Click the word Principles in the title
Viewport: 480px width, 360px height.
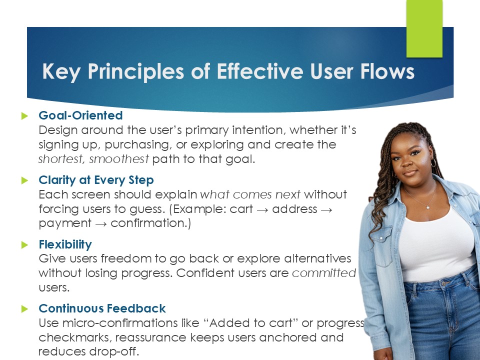click(136, 72)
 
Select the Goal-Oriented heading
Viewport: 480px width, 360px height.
click(80, 115)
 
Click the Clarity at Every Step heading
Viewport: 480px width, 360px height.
click(96, 180)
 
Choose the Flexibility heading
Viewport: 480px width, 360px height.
click(65, 244)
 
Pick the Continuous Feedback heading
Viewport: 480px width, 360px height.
click(102, 308)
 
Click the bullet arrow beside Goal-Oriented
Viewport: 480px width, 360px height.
click(25, 115)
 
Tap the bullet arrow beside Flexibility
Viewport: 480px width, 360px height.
click(25, 245)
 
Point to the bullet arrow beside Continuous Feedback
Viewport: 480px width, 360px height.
click(25, 309)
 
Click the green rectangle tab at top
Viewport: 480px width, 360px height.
click(424, 28)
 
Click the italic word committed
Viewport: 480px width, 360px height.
click(324, 273)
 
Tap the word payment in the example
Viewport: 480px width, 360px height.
click(65, 223)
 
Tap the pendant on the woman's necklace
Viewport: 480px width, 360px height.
click(427, 207)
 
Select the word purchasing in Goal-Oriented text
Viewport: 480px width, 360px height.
click(138, 145)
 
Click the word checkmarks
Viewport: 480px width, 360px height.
click(75, 337)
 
